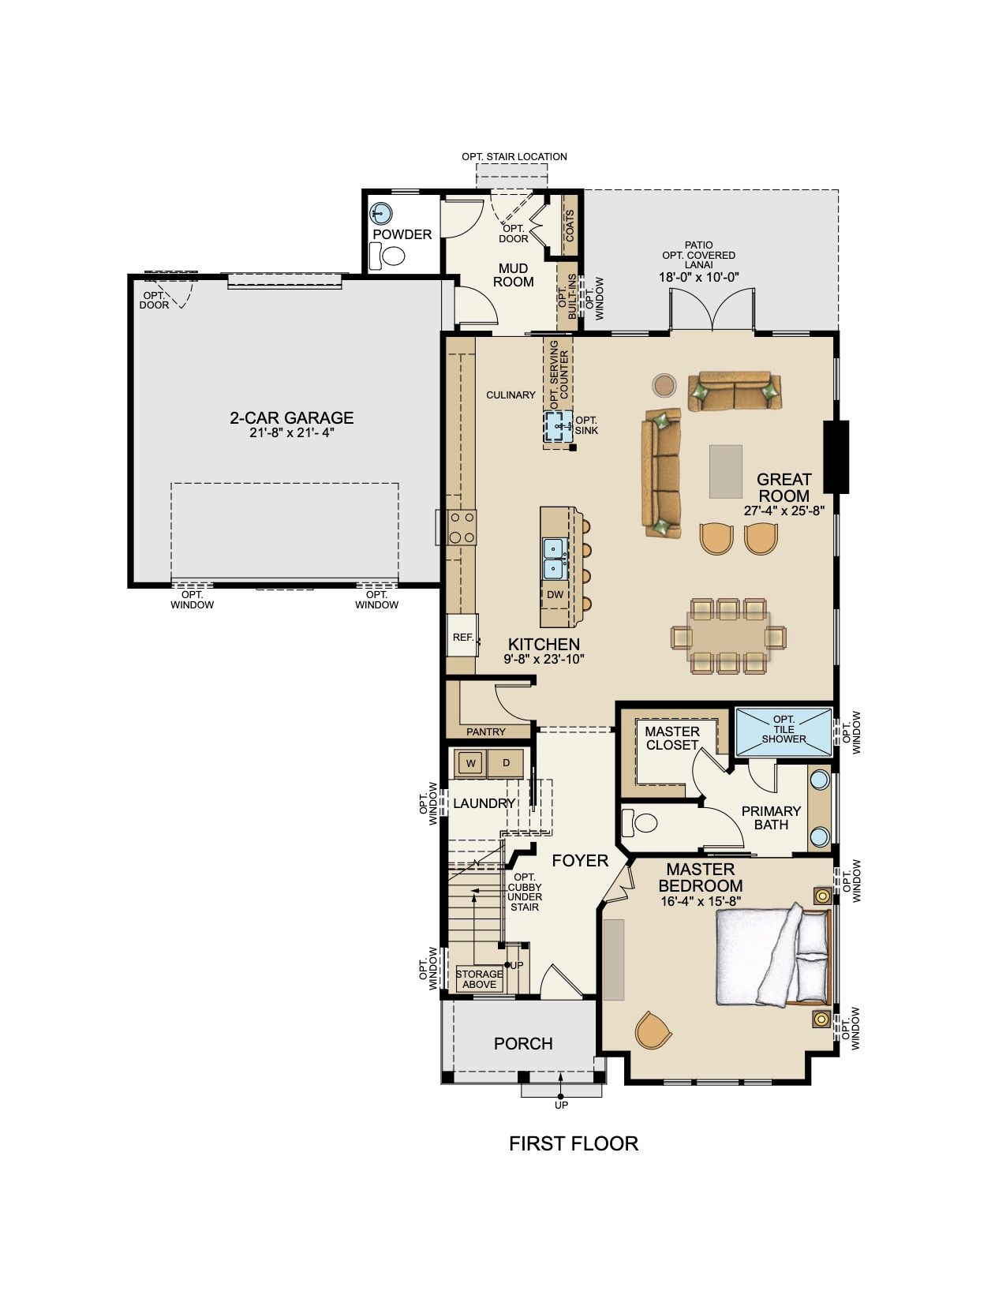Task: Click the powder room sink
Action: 380,213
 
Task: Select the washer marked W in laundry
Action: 471,763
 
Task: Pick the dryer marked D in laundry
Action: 505,763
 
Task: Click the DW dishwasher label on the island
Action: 555,593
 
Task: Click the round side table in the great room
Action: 664,384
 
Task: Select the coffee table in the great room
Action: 726,471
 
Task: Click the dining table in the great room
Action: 728,636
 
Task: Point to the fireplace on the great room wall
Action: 836,457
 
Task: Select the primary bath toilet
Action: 639,822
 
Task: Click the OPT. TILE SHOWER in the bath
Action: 783,732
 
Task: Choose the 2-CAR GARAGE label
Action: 292,417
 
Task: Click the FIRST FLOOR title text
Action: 574,1143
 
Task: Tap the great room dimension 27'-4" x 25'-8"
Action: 784,511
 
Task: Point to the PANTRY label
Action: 486,731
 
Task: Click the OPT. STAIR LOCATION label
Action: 514,156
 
